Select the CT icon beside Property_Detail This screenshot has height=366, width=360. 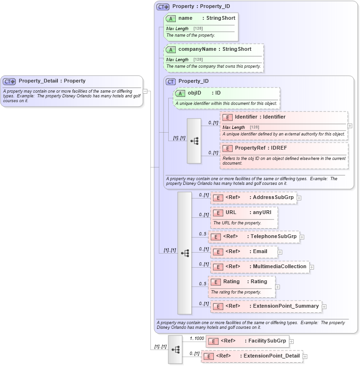pos(9,81)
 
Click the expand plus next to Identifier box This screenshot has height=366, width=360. pos(350,126)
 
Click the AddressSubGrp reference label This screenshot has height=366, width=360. pos(273,197)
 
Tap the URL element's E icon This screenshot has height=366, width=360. pos(218,213)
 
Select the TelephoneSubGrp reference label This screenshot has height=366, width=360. pos(274,236)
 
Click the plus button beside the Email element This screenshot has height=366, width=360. pos(280,252)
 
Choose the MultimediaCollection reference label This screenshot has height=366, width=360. pos(279,266)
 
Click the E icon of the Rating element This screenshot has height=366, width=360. pos(216,282)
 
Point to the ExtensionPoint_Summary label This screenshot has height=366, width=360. pos(286,306)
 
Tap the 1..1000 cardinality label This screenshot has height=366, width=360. pos(197,338)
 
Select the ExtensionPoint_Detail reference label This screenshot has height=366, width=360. pos(271,356)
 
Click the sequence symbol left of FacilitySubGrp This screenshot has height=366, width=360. pos(175,350)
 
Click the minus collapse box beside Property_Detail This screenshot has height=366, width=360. pos(145,91)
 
